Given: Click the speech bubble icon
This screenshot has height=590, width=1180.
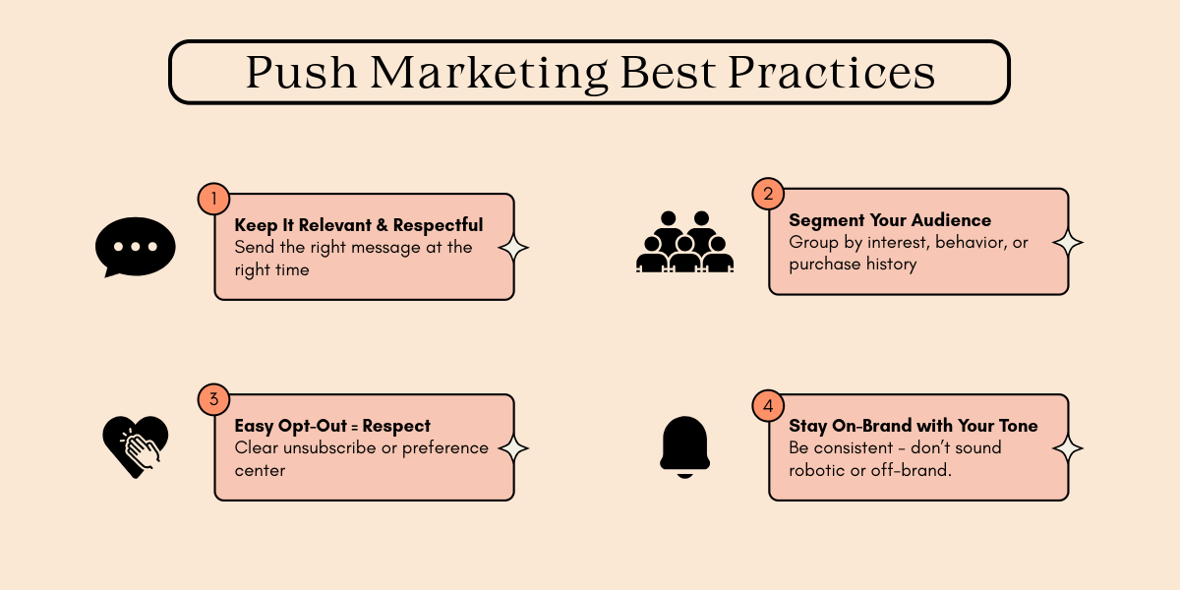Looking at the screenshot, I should point(136,246).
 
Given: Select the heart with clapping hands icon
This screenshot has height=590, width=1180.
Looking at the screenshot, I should point(136,445).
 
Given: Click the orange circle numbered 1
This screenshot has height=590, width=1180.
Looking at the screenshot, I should point(212,199).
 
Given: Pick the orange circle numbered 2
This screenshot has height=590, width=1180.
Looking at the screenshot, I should point(767,194).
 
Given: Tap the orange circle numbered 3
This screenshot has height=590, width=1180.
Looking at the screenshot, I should point(212,399).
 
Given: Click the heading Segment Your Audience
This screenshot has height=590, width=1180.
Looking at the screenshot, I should point(890,220).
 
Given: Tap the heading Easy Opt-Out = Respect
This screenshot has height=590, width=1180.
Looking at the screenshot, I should point(332,426).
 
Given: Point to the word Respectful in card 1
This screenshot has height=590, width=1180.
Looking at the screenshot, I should point(438,225).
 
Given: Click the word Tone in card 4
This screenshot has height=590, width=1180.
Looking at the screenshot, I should point(1018,426).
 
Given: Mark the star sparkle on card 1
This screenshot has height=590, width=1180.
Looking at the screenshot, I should point(513,248).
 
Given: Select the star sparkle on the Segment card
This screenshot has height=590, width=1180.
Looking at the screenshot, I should point(1068,242).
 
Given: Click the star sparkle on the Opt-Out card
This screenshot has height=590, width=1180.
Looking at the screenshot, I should point(513,448).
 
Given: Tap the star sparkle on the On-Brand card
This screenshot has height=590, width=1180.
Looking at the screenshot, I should point(1068,448).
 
